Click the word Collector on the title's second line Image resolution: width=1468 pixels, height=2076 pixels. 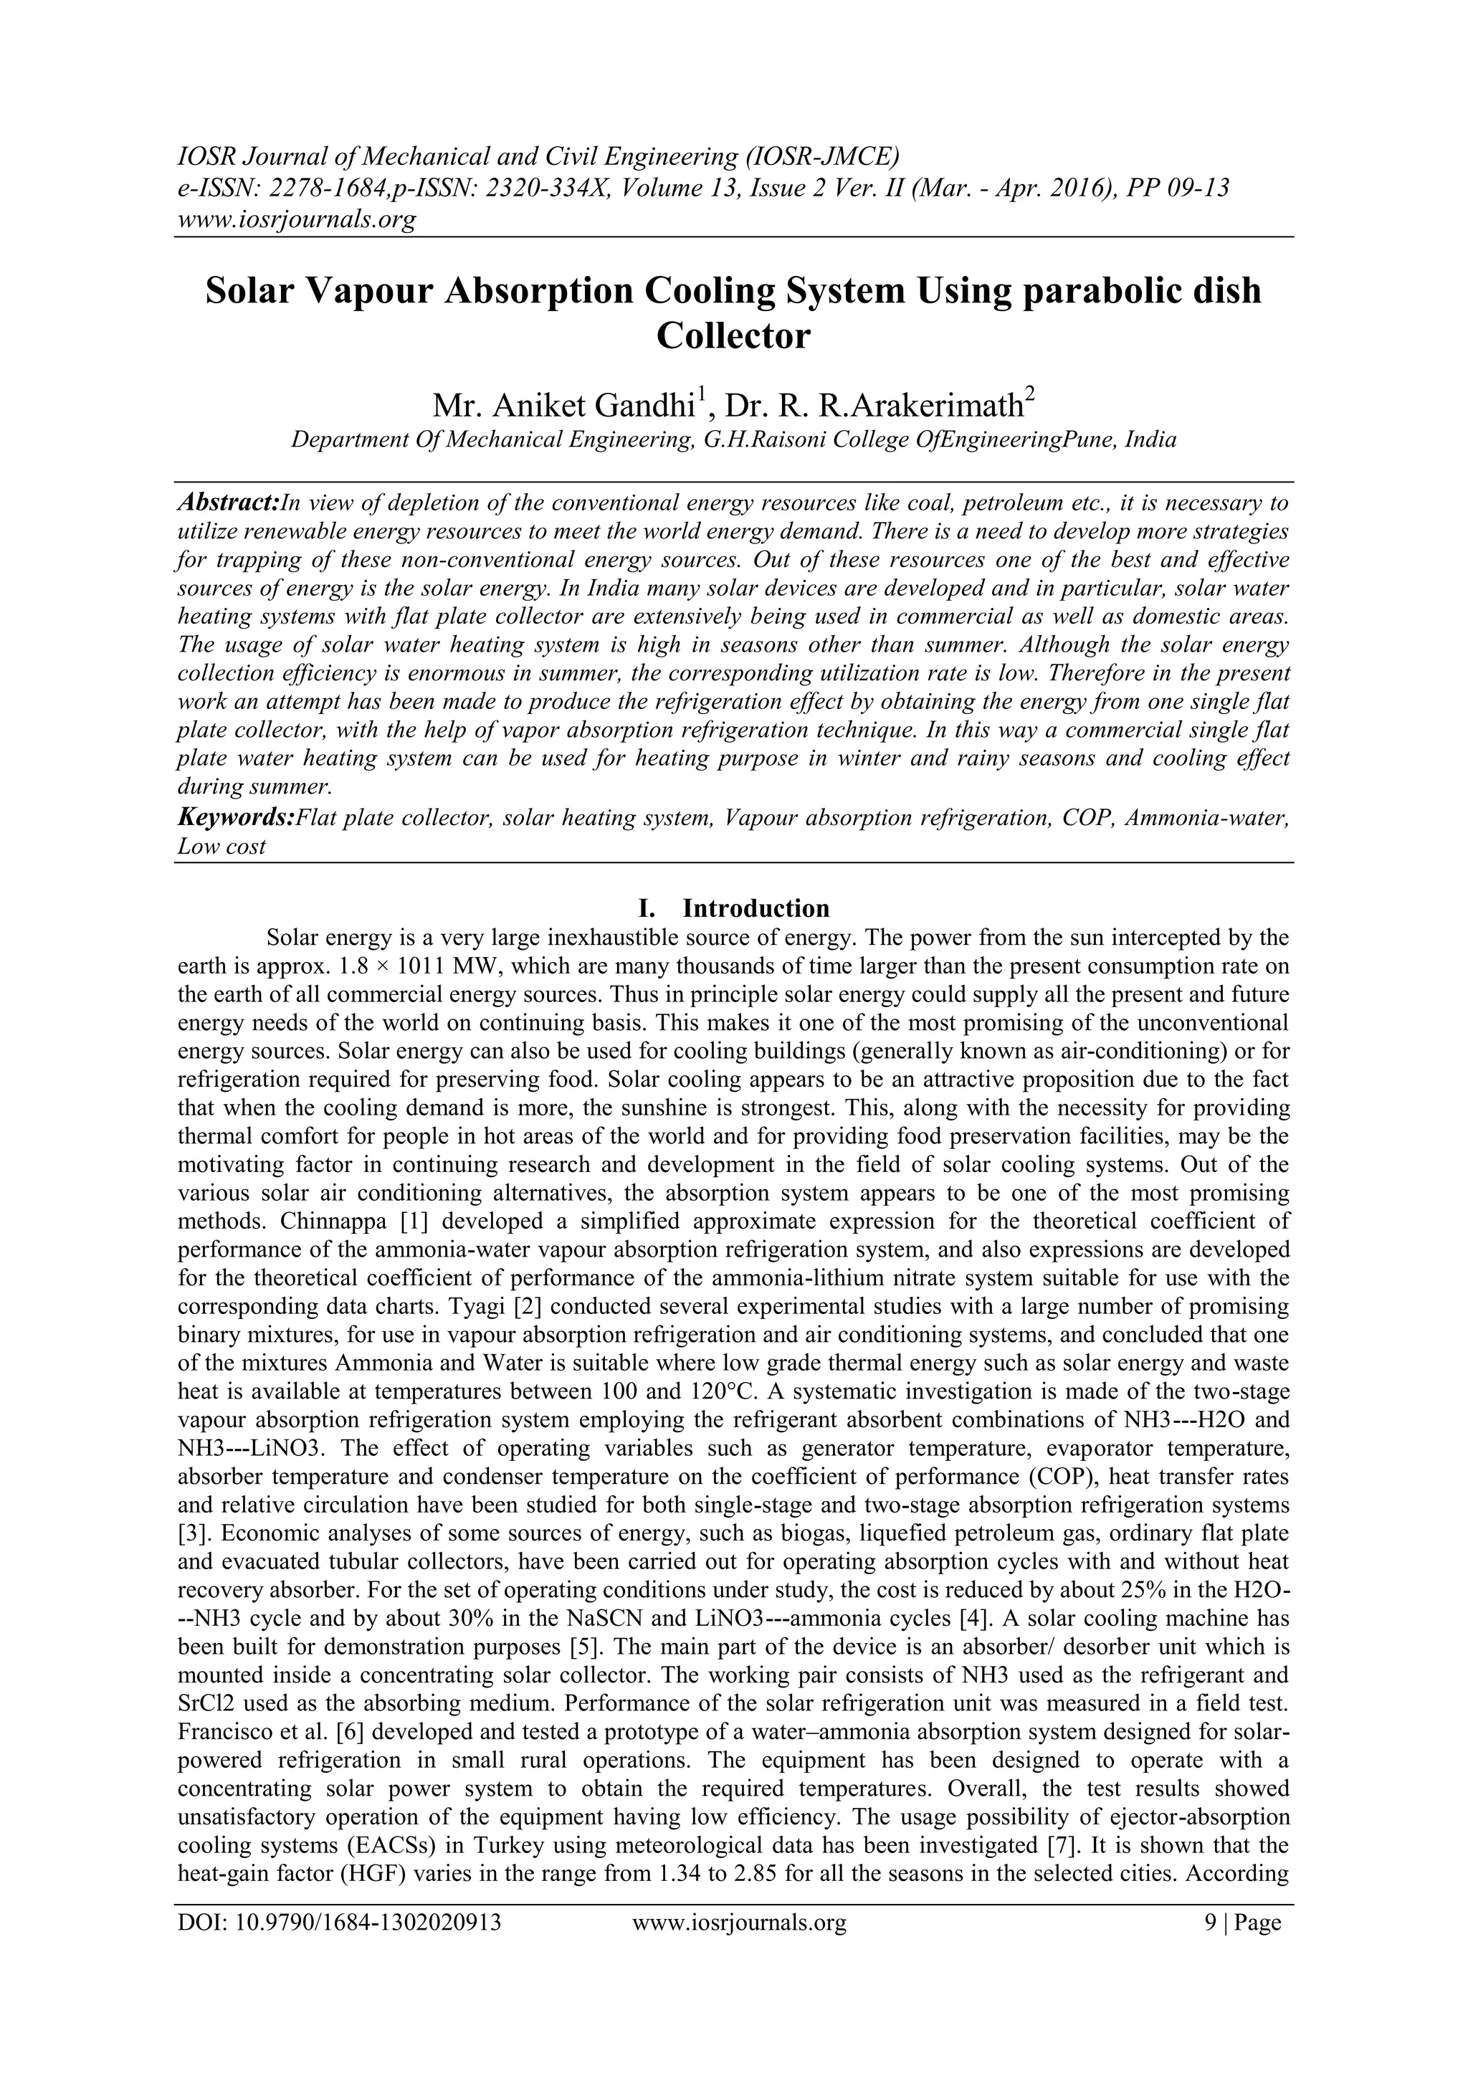click(x=733, y=336)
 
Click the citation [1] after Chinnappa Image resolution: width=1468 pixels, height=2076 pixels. click(x=413, y=1222)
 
